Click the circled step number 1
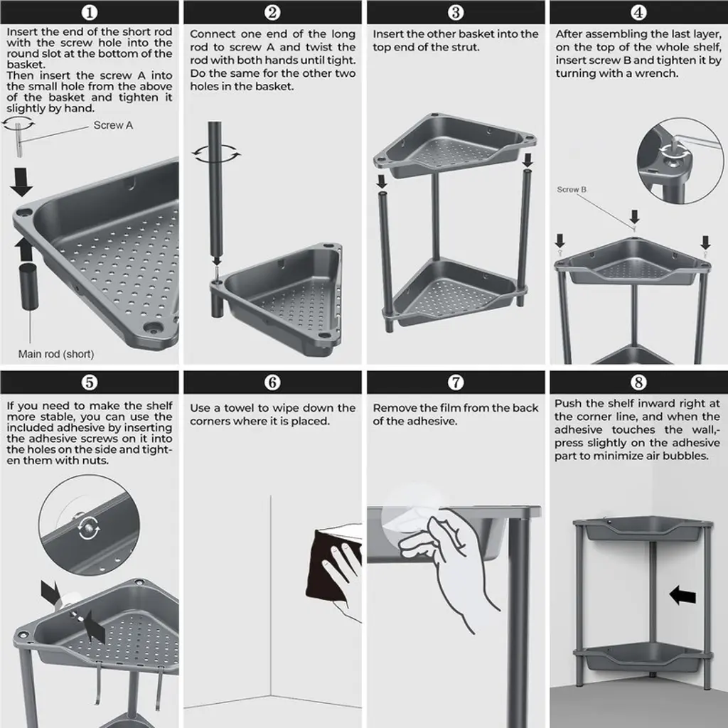(89, 12)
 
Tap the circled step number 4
(638, 12)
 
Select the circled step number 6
(272, 382)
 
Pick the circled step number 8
(638, 382)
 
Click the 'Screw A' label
(113, 125)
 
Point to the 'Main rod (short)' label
(56, 354)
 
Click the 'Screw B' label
(572, 189)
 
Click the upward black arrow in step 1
(23, 249)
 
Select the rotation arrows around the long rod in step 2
(216, 154)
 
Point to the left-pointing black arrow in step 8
(682, 595)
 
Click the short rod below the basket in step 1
(28, 286)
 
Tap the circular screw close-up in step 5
(89, 525)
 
